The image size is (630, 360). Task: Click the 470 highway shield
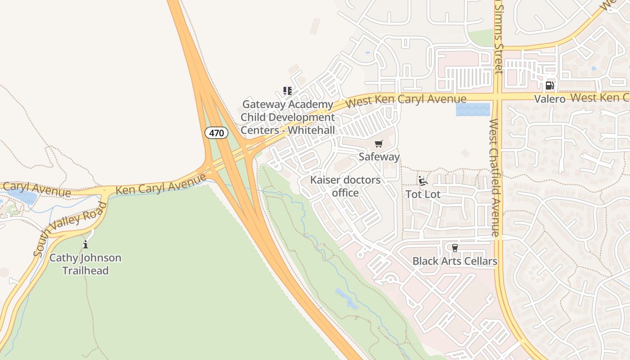click(x=216, y=133)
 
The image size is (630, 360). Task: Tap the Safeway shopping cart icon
click(x=379, y=144)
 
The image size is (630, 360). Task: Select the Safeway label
click(x=379, y=157)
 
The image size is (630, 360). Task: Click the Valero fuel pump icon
click(x=549, y=85)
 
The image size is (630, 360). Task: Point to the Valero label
click(x=549, y=99)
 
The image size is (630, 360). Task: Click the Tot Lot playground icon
click(x=423, y=181)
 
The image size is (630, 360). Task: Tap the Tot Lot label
click(x=423, y=194)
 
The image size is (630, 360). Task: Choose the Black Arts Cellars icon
click(x=454, y=247)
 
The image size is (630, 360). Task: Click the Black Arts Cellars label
click(x=454, y=261)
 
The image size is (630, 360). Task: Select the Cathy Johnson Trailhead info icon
click(x=85, y=244)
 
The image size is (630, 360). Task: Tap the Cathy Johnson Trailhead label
click(x=85, y=264)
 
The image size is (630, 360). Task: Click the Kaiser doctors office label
click(x=345, y=186)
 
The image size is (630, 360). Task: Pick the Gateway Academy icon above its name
click(x=287, y=91)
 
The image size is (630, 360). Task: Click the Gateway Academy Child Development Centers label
click(x=288, y=117)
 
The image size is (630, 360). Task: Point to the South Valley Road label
click(x=71, y=228)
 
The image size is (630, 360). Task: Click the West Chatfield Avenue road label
click(x=495, y=178)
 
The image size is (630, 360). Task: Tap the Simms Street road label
click(x=498, y=38)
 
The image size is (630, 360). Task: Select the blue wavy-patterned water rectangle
click(x=472, y=109)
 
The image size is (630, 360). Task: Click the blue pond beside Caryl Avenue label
click(x=21, y=196)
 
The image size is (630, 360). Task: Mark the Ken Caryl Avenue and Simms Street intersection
click(x=498, y=97)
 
